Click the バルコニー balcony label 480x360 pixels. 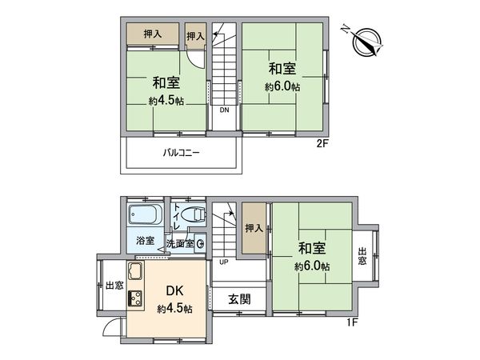(x=182, y=153)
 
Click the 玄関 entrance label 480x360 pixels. (x=239, y=300)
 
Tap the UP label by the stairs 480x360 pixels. (x=223, y=262)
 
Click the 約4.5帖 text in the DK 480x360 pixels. (x=174, y=309)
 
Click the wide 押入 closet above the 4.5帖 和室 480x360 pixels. (x=152, y=34)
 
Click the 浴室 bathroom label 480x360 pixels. (x=145, y=240)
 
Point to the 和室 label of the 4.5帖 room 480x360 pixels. (x=166, y=83)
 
